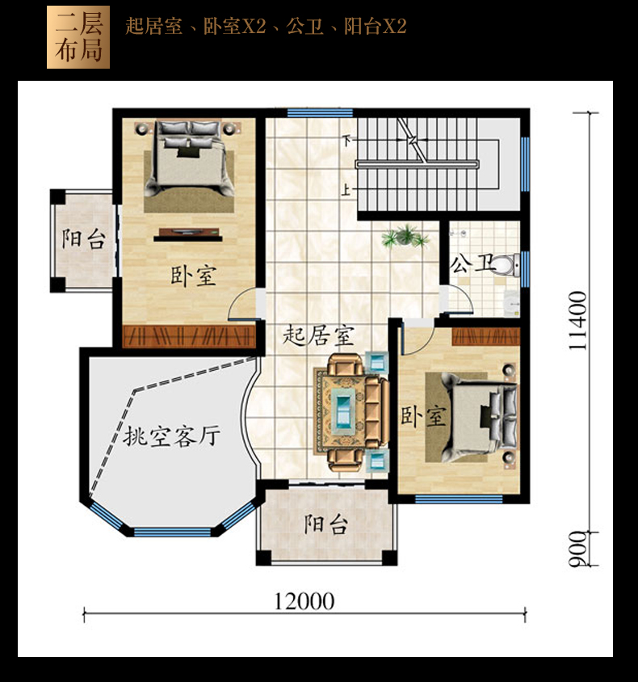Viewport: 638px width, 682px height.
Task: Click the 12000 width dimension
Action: (x=304, y=601)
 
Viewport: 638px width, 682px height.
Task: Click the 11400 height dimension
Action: (x=577, y=321)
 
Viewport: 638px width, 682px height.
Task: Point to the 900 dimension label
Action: (x=577, y=549)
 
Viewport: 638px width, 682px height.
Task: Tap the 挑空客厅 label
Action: (x=172, y=436)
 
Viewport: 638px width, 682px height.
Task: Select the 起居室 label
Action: (x=318, y=335)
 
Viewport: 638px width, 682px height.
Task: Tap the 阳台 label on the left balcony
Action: (x=83, y=239)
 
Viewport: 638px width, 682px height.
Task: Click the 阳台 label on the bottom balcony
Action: (x=326, y=524)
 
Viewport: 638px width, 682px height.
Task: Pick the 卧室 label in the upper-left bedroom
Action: (x=193, y=276)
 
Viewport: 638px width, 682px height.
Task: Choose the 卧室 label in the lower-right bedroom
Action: (x=423, y=416)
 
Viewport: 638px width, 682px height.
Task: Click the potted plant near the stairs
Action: (x=405, y=237)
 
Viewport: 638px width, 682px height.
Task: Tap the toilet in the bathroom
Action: (x=507, y=264)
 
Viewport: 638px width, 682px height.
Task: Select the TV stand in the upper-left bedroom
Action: (x=187, y=235)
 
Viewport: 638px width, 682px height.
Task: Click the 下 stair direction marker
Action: (x=346, y=140)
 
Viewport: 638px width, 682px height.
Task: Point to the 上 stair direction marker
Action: (x=346, y=190)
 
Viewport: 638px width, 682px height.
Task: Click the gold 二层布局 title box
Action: (x=78, y=37)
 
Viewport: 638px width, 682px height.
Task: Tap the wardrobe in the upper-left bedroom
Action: (x=188, y=337)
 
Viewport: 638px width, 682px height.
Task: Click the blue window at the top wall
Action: (x=320, y=112)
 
